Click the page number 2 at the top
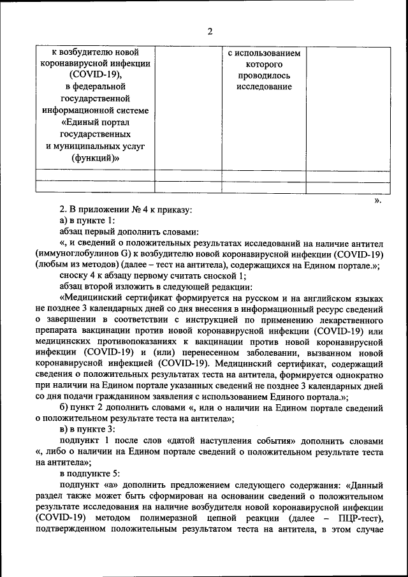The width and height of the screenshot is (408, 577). coord(210,33)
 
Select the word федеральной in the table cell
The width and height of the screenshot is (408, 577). coord(99,87)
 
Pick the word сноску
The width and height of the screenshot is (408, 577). coord(75,276)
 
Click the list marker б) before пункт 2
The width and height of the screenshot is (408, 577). coord(64,408)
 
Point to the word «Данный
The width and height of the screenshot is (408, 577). coord(363,485)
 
